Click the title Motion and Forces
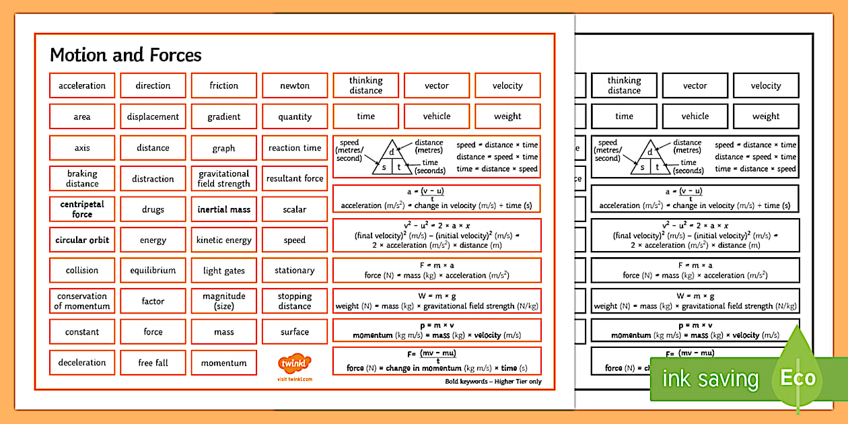coord(126,55)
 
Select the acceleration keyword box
coord(82,85)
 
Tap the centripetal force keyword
coord(82,209)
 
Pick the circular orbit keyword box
coord(82,240)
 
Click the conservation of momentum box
coord(82,302)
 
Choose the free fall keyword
coord(153,363)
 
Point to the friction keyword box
coord(224,85)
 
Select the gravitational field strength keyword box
coord(224,178)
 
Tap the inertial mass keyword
coord(224,209)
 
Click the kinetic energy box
coord(224,240)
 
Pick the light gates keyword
coord(224,271)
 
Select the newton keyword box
coord(295,85)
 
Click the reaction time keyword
coord(295,148)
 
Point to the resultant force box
coord(295,178)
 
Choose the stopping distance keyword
coord(295,302)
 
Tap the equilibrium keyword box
coord(153,271)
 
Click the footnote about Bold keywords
coord(493,382)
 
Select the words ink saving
coord(710,380)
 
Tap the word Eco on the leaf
coord(798,378)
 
